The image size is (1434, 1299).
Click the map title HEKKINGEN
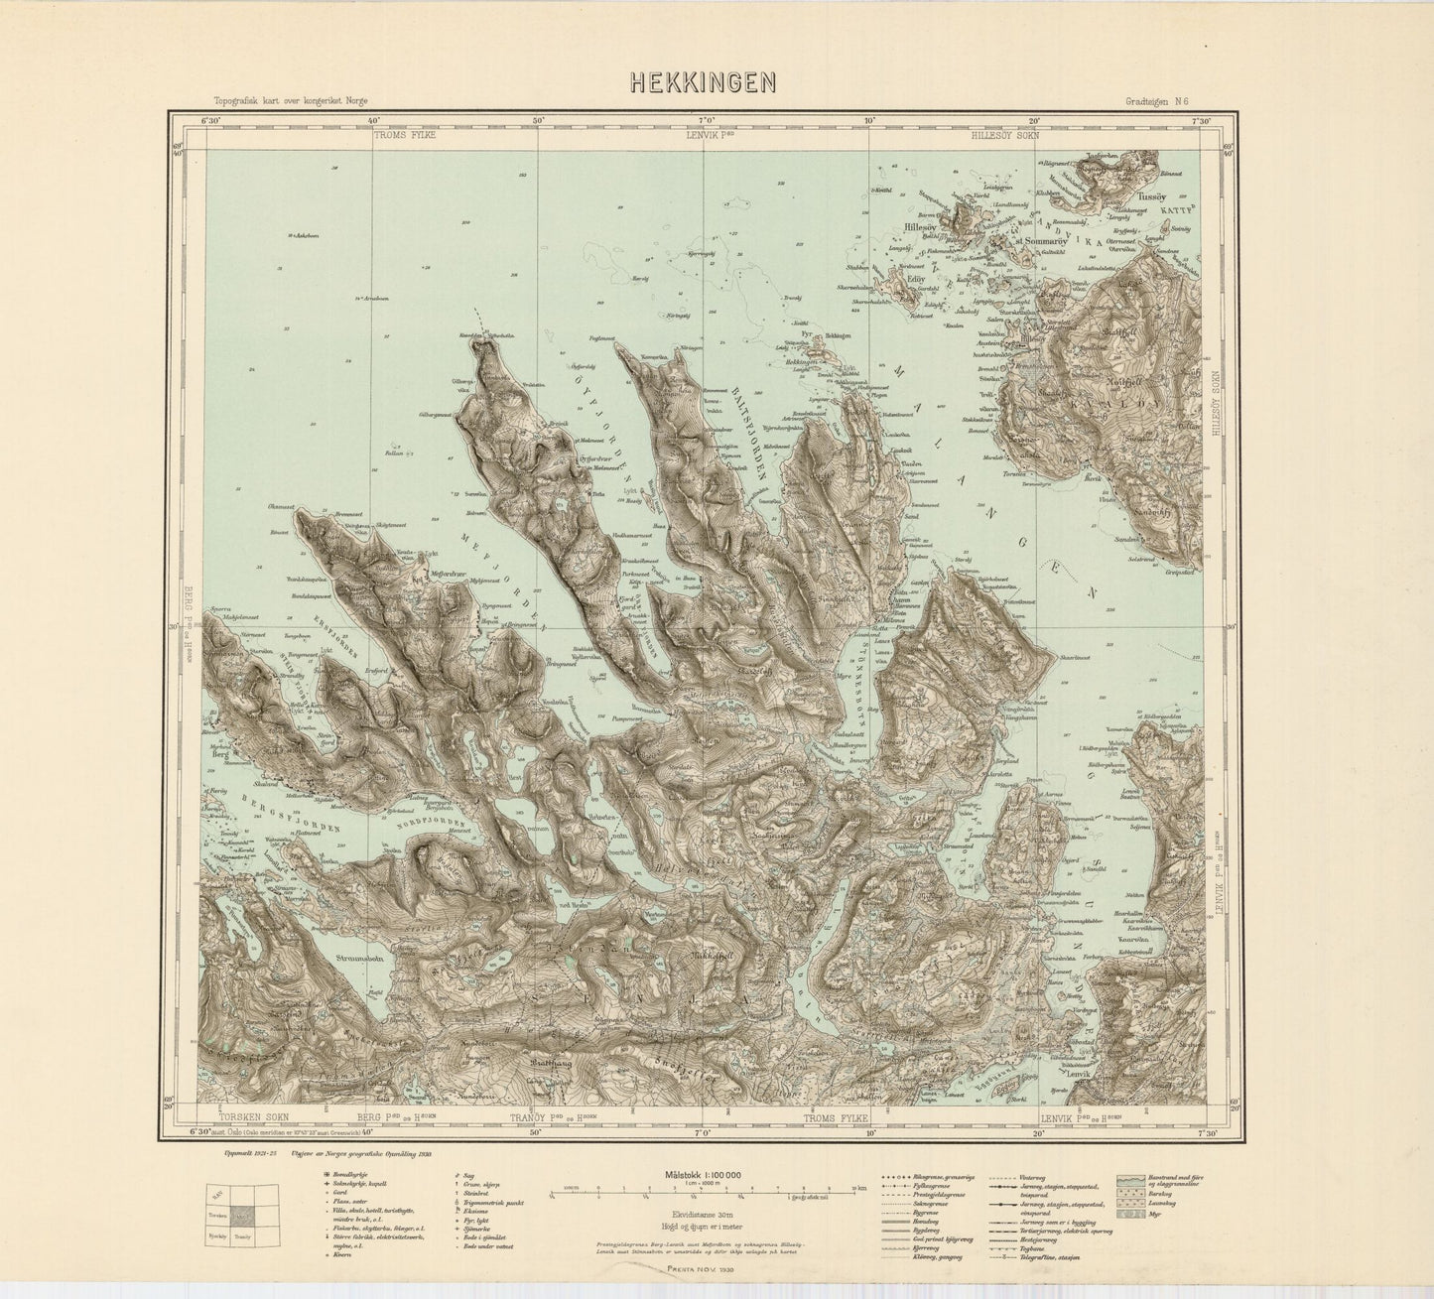coord(703,82)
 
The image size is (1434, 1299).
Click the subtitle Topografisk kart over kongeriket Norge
coord(270,100)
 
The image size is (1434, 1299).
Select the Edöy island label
coord(916,279)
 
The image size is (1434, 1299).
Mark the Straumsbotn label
coord(332,960)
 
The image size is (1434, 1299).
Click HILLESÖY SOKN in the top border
coord(1005,135)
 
